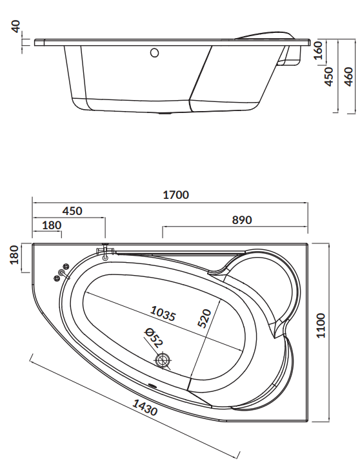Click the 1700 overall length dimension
[x=176, y=195]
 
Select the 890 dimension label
[x=242, y=220]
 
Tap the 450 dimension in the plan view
[x=72, y=210]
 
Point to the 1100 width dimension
[x=321, y=325]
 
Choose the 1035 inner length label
[x=163, y=313]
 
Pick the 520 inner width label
[x=205, y=318]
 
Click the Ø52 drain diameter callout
[x=154, y=338]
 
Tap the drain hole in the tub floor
[x=163, y=360]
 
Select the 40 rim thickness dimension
[x=15, y=26]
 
